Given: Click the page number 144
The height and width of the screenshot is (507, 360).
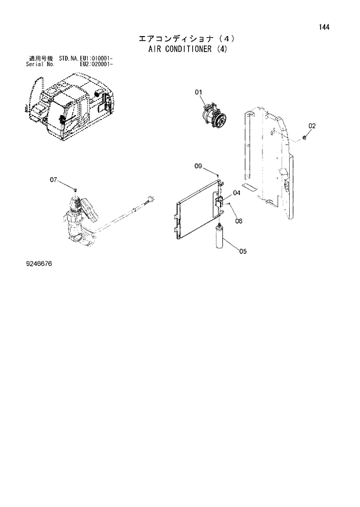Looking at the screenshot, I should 323,27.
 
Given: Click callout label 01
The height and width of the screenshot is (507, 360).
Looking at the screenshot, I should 198,92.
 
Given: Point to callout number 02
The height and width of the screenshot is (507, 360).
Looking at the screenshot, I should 312,125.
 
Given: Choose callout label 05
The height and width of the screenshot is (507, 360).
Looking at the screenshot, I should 242,251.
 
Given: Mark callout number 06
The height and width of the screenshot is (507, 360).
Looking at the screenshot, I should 238,220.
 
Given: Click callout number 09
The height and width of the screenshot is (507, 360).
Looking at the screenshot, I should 198,167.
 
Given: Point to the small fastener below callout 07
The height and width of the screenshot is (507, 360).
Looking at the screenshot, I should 75,189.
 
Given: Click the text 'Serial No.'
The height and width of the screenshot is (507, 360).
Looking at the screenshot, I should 40,64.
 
